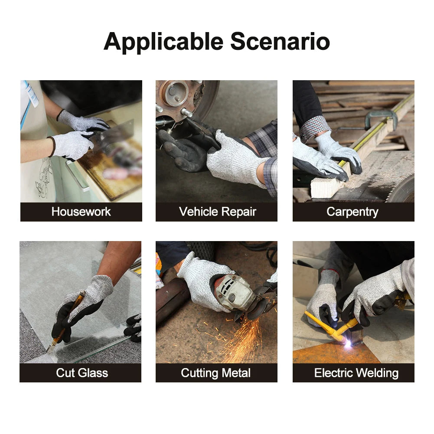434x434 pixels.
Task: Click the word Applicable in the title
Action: [163, 42]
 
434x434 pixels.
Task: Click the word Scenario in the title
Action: [280, 41]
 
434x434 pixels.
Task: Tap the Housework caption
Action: [81, 212]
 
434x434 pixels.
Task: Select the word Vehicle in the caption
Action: [199, 212]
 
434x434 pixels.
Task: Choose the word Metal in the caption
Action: [236, 373]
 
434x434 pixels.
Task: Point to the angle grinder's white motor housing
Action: [234, 293]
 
